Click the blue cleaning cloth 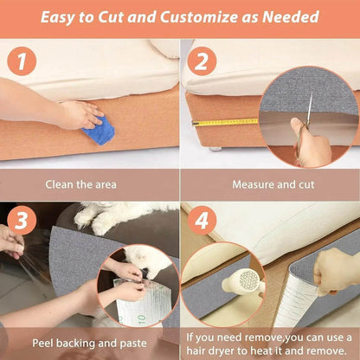(x=99, y=130)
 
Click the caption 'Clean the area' (x=89, y=184)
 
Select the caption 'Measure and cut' (x=269, y=184)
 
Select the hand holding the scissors (x=313, y=145)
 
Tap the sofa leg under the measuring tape (x=213, y=149)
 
